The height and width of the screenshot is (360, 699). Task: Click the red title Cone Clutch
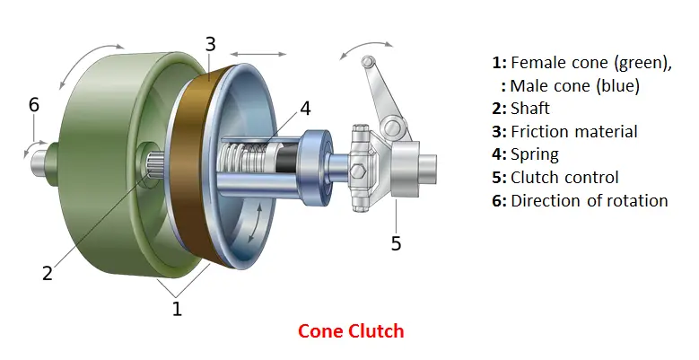(x=351, y=331)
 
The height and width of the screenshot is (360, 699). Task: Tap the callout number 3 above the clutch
(x=210, y=44)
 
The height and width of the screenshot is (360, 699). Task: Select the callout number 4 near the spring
(x=305, y=109)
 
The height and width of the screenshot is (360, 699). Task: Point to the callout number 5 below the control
(x=397, y=243)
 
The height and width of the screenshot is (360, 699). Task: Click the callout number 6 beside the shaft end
(x=34, y=105)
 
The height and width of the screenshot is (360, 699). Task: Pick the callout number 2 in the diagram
(x=48, y=273)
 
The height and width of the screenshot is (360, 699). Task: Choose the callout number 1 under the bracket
(x=177, y=308)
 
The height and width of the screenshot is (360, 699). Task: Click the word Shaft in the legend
(x=530, y=109)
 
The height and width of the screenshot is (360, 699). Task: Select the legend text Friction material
(x=574, y=132)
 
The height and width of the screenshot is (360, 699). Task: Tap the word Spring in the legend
(x=535, y=155)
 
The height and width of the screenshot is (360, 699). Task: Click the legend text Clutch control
(x=564, y=178)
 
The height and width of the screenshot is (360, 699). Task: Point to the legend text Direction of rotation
(x=590, y=201)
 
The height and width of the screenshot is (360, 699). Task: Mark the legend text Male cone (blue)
(x=574, y=85)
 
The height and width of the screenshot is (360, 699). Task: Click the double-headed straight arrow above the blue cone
(x=258, y=55)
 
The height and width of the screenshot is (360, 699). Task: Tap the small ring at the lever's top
(x=367, y=61)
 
